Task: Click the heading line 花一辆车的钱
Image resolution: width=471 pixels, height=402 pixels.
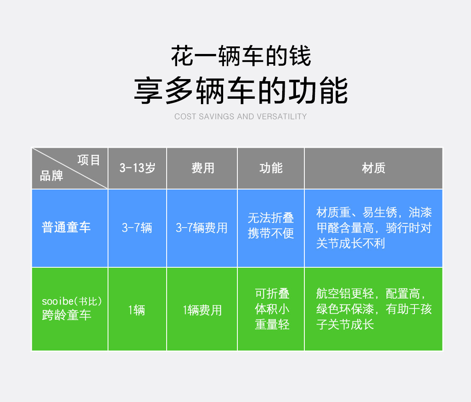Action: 241,57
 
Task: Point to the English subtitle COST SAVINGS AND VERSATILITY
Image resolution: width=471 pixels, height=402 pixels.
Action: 240,116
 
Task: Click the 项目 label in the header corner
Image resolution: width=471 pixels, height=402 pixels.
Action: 89,160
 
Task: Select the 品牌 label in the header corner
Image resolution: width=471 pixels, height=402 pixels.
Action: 51,176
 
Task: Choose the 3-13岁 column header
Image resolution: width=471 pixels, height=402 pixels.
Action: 137,168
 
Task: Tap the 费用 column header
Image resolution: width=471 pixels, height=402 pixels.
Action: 203,168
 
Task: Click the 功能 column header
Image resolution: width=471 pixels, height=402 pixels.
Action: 271,168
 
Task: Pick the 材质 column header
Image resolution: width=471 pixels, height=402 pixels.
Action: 373,168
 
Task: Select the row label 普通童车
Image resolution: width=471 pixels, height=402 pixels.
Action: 66,228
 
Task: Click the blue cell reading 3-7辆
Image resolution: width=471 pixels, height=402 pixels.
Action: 137,228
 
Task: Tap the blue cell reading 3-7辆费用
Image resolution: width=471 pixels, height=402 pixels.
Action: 202,228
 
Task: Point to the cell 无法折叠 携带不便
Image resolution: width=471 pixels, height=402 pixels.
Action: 271,225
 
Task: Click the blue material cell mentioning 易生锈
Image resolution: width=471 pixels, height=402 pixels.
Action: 373,228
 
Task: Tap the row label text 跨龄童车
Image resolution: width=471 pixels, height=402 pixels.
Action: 67,315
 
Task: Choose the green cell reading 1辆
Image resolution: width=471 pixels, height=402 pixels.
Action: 137,310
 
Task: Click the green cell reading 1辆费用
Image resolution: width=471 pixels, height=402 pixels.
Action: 202,310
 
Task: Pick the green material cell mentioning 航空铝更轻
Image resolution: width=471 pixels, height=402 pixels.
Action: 373,309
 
